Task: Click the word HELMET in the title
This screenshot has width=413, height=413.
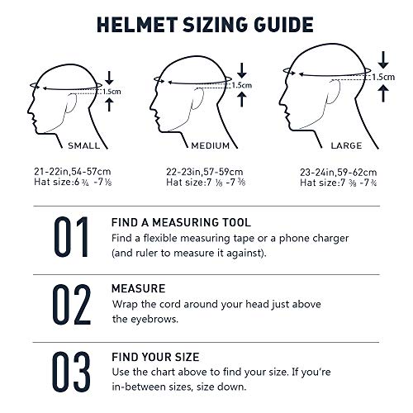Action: click(137, 25)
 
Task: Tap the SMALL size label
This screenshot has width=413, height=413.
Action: click(84, 145)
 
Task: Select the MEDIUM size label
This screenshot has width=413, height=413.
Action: click(211, 145)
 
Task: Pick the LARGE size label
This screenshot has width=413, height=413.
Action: click(346, 145)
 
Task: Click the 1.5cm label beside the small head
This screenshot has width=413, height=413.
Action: click(112, 92)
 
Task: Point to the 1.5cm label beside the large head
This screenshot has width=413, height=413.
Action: click(383, 77)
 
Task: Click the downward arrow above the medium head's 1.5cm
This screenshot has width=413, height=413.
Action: click(242, 70)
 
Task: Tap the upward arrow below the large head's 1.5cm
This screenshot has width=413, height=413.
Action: click(383, 93)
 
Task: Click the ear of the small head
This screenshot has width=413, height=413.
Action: click(71, 103)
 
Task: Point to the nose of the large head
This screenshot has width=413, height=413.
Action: click(281, 102)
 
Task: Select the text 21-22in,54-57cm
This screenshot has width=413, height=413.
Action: click(73, 172)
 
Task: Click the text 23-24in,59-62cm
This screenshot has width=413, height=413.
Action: click(339, 173)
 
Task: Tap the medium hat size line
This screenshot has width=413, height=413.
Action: click(206, 183)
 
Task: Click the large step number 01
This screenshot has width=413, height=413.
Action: click(71, 237)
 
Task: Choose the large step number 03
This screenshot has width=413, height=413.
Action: click(71, 372)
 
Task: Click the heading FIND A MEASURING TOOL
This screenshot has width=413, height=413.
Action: click(181, 222)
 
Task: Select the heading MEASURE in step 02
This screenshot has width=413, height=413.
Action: click(138, 288)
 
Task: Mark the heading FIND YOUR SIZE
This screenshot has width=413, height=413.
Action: click(155, 357)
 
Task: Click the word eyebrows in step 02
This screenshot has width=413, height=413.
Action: click(154, 320)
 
